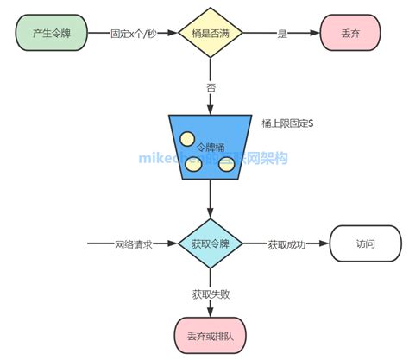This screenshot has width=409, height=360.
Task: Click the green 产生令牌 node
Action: pos(51,34)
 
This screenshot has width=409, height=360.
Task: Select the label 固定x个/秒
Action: pos(132,34)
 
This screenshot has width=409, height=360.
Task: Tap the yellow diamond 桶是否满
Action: pos(211,34)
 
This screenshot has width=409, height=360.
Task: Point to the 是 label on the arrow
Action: pos(280,34)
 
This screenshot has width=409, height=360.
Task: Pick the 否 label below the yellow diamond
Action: pos(211,87)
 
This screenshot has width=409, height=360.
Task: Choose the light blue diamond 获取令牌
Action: pos(211,244)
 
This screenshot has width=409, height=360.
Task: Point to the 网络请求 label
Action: pos(134,244)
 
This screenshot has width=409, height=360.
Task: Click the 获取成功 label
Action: pos(286,244)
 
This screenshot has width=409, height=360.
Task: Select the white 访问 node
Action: pos(365,244)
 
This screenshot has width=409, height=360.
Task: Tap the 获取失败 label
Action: pos(211,294)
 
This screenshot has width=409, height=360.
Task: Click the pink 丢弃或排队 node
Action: pos(211,335)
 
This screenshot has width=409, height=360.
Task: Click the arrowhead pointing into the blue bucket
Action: pos(211,110)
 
